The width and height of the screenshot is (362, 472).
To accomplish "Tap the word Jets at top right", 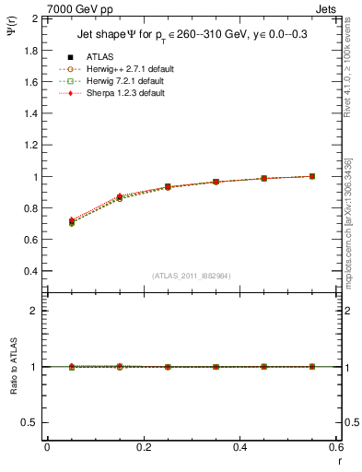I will tap(329, 7).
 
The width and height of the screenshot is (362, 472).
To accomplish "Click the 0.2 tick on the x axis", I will tap(143, 446).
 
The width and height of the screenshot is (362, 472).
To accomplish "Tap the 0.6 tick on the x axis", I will tap(335, 446).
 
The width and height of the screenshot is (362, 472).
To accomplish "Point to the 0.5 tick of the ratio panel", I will tap(30, 422).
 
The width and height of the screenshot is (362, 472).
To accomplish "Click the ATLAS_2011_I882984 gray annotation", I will tap(192, 276).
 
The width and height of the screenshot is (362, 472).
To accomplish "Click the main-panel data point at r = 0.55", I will tap(311, 176).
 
